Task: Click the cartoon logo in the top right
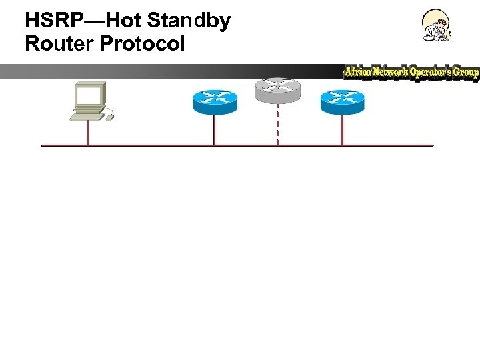click(x=437, y=26)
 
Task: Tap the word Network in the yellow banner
click(x=392, y=72)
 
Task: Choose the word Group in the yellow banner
click(x=466, y=72)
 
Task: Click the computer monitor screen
click(x=89, y=96)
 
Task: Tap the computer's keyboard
click(x=87, y=116)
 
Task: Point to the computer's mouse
click(x=109, y=117)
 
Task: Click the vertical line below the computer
click(x=87, y=133)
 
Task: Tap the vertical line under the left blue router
click(x=214, y=129)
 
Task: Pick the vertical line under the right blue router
click(x=342, y=129)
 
